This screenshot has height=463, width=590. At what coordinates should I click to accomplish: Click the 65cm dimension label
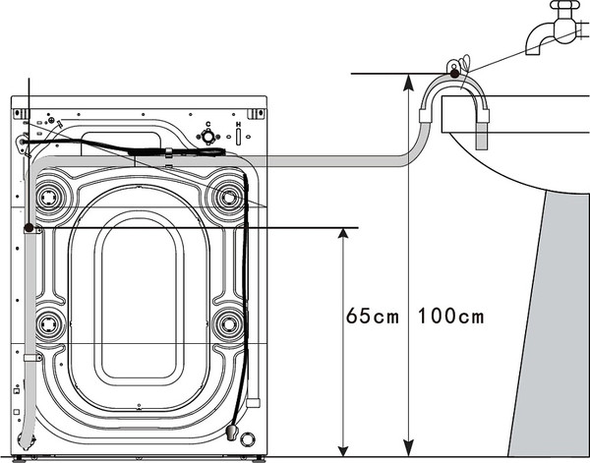click(373, 317)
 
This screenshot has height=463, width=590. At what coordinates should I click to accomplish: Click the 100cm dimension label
click(451, 317)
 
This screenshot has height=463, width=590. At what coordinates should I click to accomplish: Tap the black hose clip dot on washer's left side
click(29, 228)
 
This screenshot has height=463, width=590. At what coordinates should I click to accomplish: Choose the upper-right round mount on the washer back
click(229, 197)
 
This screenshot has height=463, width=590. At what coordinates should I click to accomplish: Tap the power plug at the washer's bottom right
click(231, 433)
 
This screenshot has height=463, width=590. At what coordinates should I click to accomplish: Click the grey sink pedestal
click(556, 324)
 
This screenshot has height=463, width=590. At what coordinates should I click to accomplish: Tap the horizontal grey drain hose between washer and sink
click(324, 160)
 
